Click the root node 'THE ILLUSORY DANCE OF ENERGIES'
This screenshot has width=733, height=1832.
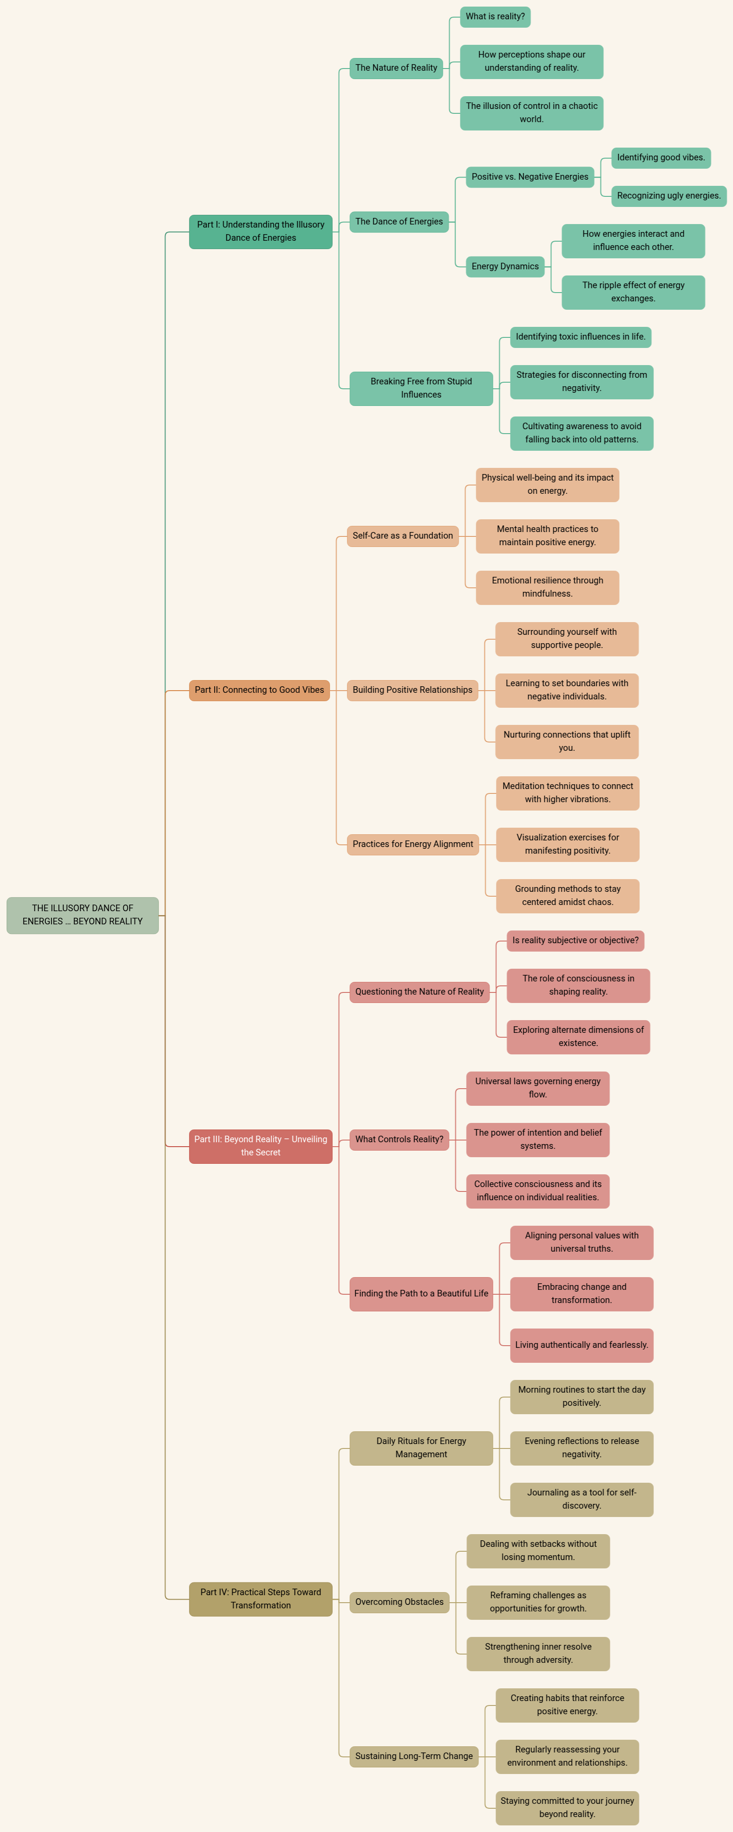point(83,915)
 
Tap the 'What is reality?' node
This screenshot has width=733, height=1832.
point(495,16)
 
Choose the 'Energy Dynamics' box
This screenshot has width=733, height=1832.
point(505,267)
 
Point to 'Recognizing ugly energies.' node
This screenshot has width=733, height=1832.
point(668,196)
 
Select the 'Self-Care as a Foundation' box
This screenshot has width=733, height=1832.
point(403,536)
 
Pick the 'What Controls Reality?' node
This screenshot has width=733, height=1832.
point(399,1139)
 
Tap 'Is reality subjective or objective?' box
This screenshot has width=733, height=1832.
point(575,941)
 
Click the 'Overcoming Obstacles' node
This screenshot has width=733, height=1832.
point(399,1602)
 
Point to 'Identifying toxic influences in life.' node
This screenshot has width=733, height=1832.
point(581,337)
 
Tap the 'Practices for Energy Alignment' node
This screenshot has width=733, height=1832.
point(413,844)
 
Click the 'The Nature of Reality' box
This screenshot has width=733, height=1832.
point(396,68)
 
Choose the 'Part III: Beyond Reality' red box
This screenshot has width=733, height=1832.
point(260,1146)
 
